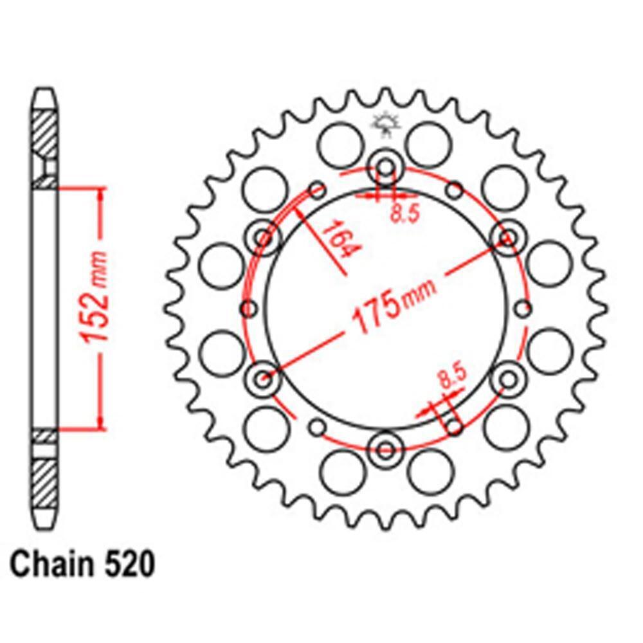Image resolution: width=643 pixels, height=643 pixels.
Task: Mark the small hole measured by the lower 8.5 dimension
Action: pyautogui.click(x=455, y=426)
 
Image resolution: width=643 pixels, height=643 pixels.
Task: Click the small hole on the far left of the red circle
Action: pyautogui.click(x=248, y=309)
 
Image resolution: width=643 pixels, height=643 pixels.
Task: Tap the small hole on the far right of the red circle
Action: pyautogui.click(x=524, y=309)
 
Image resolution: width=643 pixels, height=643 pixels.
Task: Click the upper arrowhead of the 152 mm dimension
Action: pyautogui.click(x=100, y=193)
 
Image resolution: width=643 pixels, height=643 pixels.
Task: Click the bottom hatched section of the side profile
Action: pyautogui.click(x=45, y=482)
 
